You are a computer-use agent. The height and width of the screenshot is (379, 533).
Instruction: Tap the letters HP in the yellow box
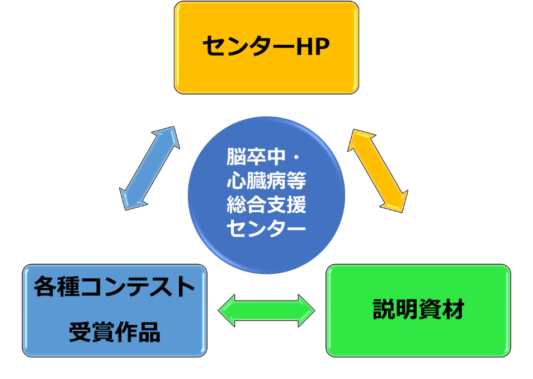(313, 46)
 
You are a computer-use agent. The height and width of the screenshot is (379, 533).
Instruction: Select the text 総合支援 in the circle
(266, 205)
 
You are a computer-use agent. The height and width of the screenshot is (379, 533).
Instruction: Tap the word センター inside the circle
(266, 229)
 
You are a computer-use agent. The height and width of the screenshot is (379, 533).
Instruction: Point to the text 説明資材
(418, 310)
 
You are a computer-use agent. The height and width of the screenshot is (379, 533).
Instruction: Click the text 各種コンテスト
(115, 287)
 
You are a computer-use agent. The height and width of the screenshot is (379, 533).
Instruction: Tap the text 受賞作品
(115, 333)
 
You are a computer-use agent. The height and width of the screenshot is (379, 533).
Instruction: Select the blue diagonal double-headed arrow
(149, 168)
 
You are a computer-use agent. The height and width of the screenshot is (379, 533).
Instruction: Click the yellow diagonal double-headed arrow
(378, 171)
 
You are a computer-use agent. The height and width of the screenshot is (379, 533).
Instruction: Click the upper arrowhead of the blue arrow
(168, 137)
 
